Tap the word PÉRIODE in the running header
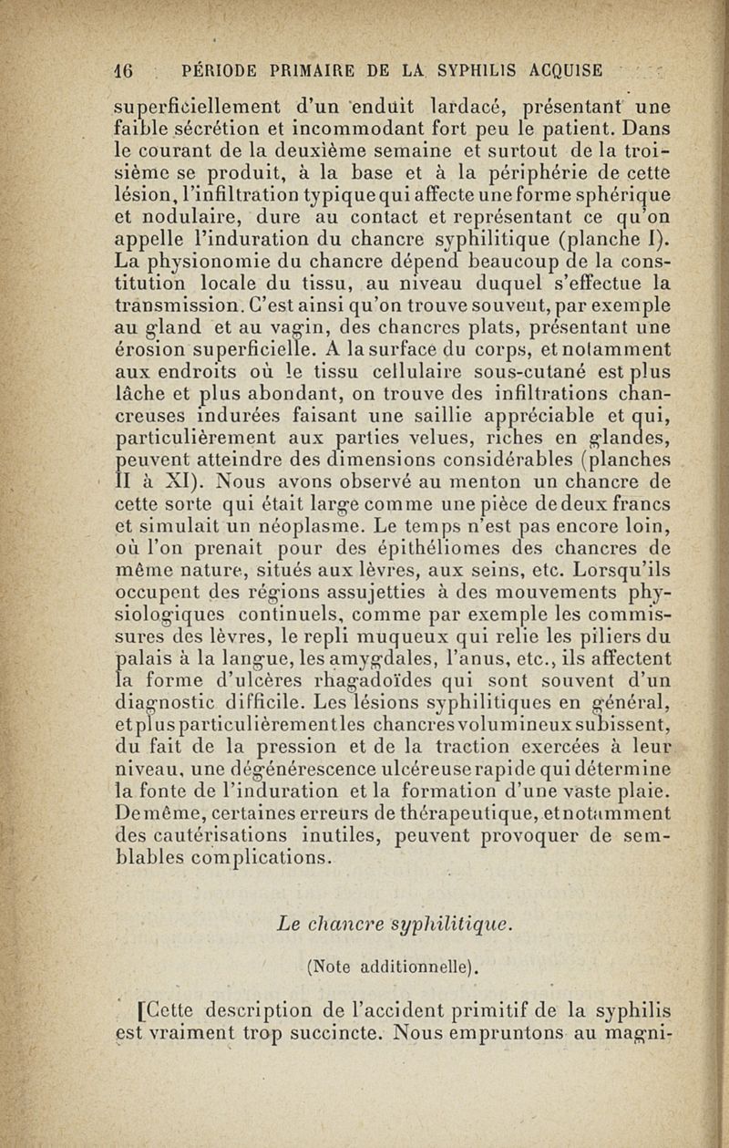[224, 70]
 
